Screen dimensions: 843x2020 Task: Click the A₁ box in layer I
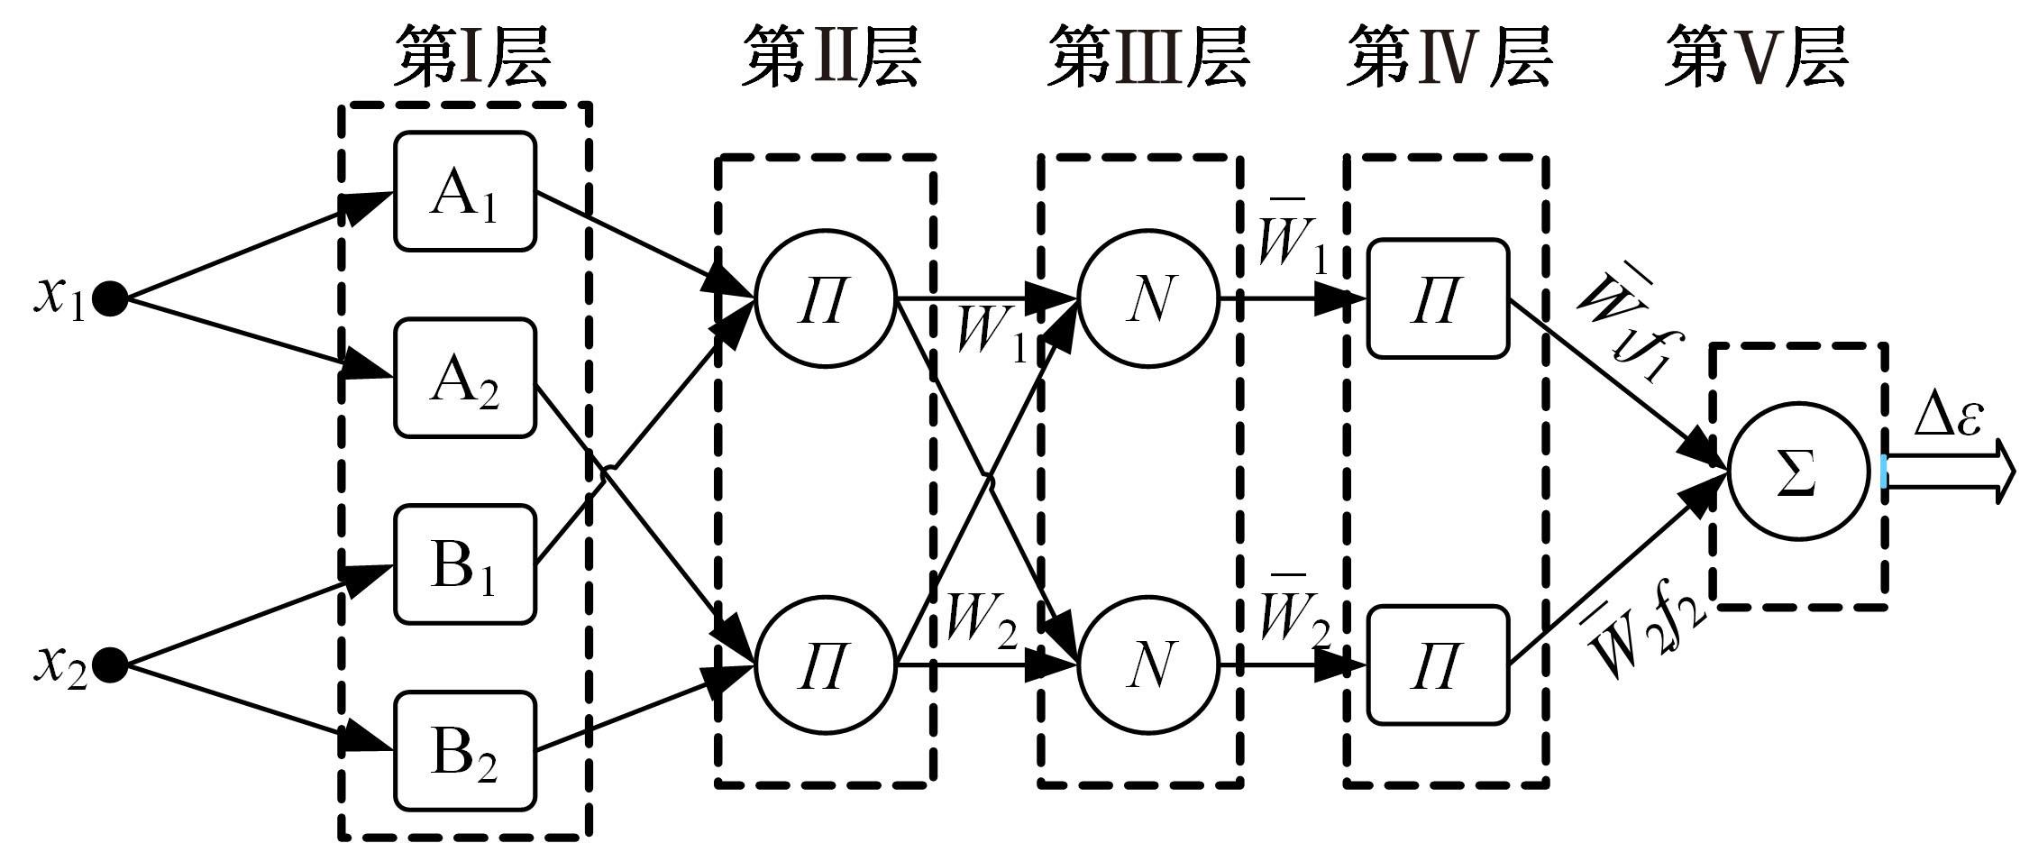pos(465,191)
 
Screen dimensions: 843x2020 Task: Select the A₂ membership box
pos(465,378)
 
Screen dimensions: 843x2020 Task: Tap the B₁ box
pos(465,564)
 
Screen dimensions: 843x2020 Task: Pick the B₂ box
pos(465,750)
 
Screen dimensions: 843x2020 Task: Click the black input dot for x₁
pos(111,298)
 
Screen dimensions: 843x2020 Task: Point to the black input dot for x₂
pos(111,665)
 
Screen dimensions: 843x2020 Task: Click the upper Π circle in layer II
pos(826,298)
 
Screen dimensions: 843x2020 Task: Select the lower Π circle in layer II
pos(826,665)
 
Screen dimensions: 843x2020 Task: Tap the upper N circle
pos(1148,298)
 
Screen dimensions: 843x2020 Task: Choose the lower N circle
pos(1148,665)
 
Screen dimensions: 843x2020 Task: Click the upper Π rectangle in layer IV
pos(1438,298)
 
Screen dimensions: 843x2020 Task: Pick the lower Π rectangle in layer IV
pos(1438,665)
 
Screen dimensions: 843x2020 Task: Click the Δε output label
pos(1948,417)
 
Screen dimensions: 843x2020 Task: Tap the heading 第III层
pos(1147,57)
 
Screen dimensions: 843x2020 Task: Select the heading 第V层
pos(1755,57)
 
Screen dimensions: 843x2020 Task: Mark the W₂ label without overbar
pos(983,622)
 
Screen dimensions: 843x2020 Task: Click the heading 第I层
pos(471,57)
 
